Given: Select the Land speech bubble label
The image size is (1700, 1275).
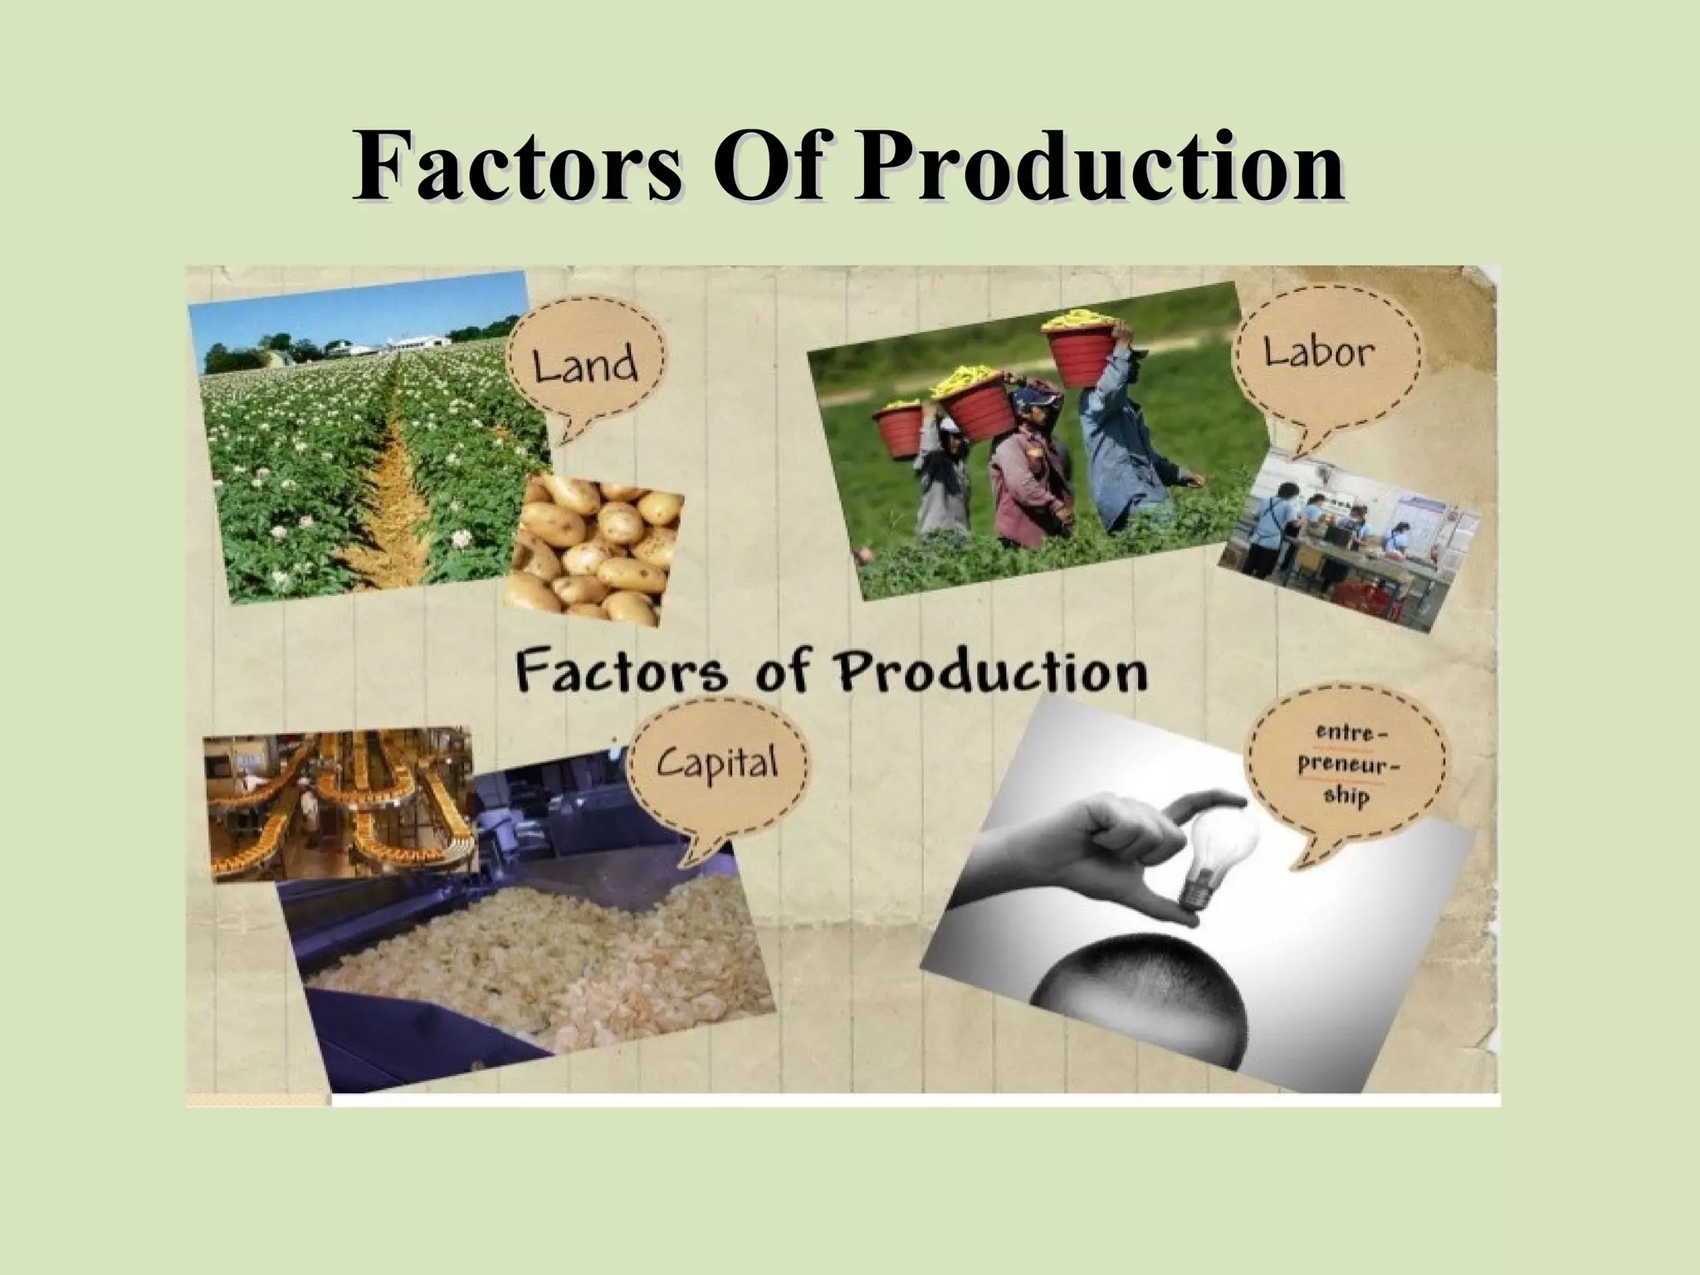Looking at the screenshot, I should point(584,365).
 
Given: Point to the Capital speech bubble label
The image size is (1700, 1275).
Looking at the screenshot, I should point(717,760).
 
